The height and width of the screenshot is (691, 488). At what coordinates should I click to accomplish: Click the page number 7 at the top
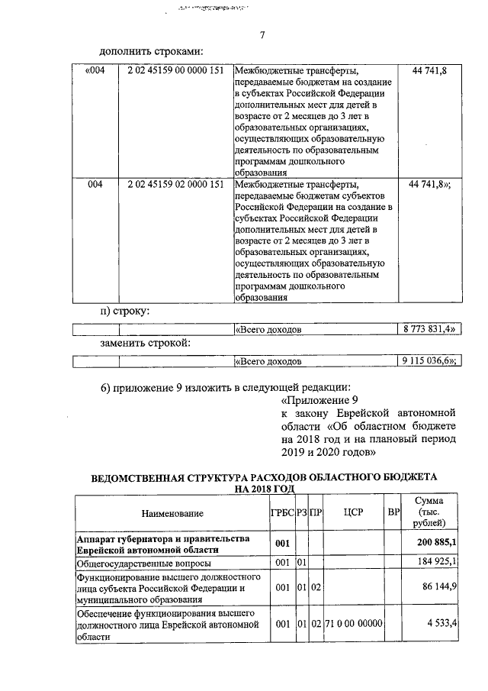[x=262, y=35]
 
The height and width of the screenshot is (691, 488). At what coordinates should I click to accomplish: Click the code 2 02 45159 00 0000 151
[x=175, y=71]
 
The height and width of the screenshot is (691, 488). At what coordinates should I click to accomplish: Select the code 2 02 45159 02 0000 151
[x=175, y=185]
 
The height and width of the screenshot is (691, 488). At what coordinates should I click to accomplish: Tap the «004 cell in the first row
[x=91, y=71]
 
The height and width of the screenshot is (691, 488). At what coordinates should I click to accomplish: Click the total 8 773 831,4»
[x=429, y=329]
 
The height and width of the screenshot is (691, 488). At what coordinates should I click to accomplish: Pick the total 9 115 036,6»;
[x=429, y=361]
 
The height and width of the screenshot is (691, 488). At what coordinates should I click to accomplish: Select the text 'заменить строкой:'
[x=145, y=344]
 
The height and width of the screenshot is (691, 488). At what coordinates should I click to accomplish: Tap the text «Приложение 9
[x=319, y=399]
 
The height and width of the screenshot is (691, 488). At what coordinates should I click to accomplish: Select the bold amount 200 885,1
[x=437, y=543]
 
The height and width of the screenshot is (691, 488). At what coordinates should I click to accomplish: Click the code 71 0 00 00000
[x=352, y=624]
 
